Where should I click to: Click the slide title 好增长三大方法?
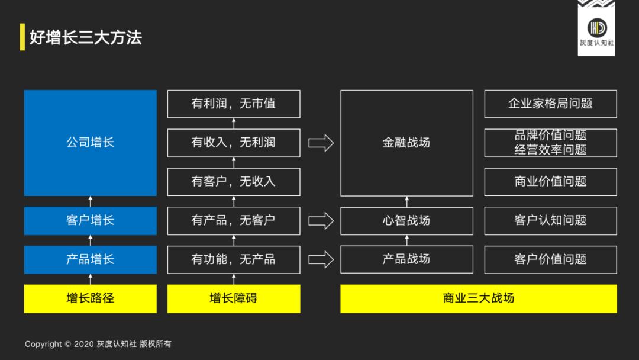pyautogui.click(x=86, y=37)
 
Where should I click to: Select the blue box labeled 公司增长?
pyautogui.click(x=91, y=143)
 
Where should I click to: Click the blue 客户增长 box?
pyautogui.click(x=91, y=220)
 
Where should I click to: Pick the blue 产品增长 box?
pyautogui.click(x=91, y=259)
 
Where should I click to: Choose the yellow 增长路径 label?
pyautogui.click(x=91, y=298)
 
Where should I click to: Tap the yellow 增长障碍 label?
pyautogui.click(x=234, y=298)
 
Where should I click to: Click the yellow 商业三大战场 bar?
pyautogui.click(x=478, y=298)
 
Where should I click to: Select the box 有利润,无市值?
pyautogui.click(x=234, y=104)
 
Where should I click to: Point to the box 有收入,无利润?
pyautogui.click(x=234, y=143)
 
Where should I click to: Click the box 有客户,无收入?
pyautogui.click(x=234, y=182)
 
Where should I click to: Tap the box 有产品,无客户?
pyautogui.click(x=234, y=220)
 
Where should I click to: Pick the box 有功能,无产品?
pyautogui.click(x=234, y=259)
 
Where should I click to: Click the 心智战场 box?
pyautogui.click(x=406, y=220)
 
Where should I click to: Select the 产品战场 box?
pyautogui.click(x=406, y=259)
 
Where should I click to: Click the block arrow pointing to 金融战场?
pyautogui.click(x=321, y=143)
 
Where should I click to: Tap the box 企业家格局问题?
pyautogui.click(x=550, y=104)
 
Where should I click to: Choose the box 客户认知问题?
pyautogui.click(x=550, y=220)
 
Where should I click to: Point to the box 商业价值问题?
pyautogui.click(x=550, y=182)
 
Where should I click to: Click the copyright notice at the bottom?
pyautogui.click(x=98, y=344)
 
